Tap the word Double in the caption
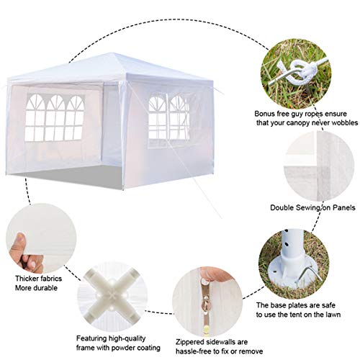[x=285, y=208]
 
